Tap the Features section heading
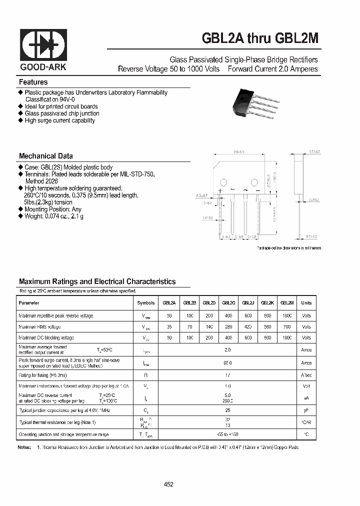[x=33, y=82]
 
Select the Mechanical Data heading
[x=46, y=155]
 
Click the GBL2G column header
[x=228, y=302]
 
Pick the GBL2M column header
[x=287, y=302]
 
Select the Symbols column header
[x=146, y=302]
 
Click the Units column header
[x=306, y=302]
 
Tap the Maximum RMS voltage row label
[x=39, y=327]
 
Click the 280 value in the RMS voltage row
[x=228, y=327]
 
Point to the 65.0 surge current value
[x=228, y=363]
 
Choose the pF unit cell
[x=306, y=410]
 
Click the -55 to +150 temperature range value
[x=228, y=434]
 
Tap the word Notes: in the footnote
[x=24, y=447]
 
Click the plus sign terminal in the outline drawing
[x=220, y=190]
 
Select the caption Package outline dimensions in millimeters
[x=289, y=248]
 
